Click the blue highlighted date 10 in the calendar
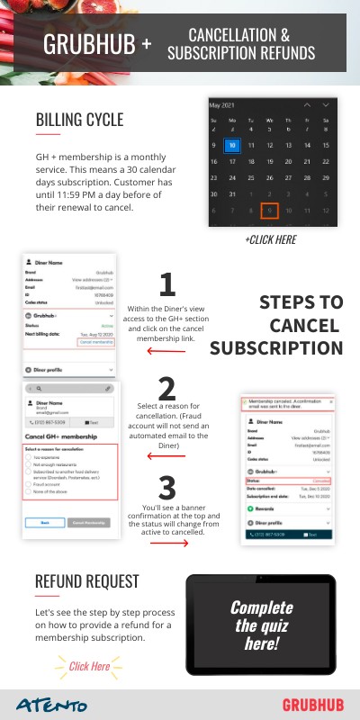(x=232, y=145)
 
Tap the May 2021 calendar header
(x=227, y=104)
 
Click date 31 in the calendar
(x=232, y=193)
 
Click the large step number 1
(x=166, y=285)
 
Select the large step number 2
(x=166, y=388)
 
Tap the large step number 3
(x=166, y=488)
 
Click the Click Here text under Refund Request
(x=89, y=667)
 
